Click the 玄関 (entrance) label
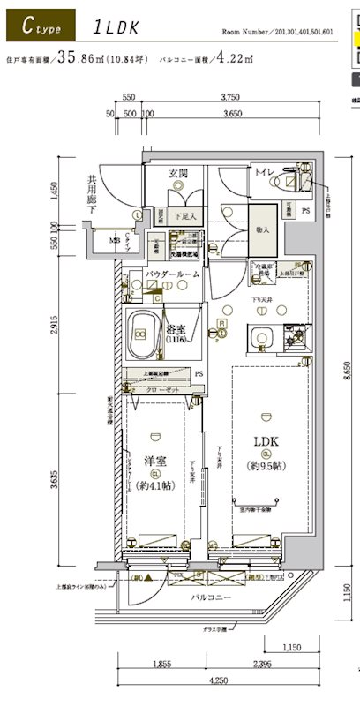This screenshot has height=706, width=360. (x=178, y=174)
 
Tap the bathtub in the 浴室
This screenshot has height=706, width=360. (x=141, y=334)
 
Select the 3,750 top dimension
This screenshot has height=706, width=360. (x=231, y=99)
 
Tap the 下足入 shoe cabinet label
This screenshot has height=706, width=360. (x=184, y=215)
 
